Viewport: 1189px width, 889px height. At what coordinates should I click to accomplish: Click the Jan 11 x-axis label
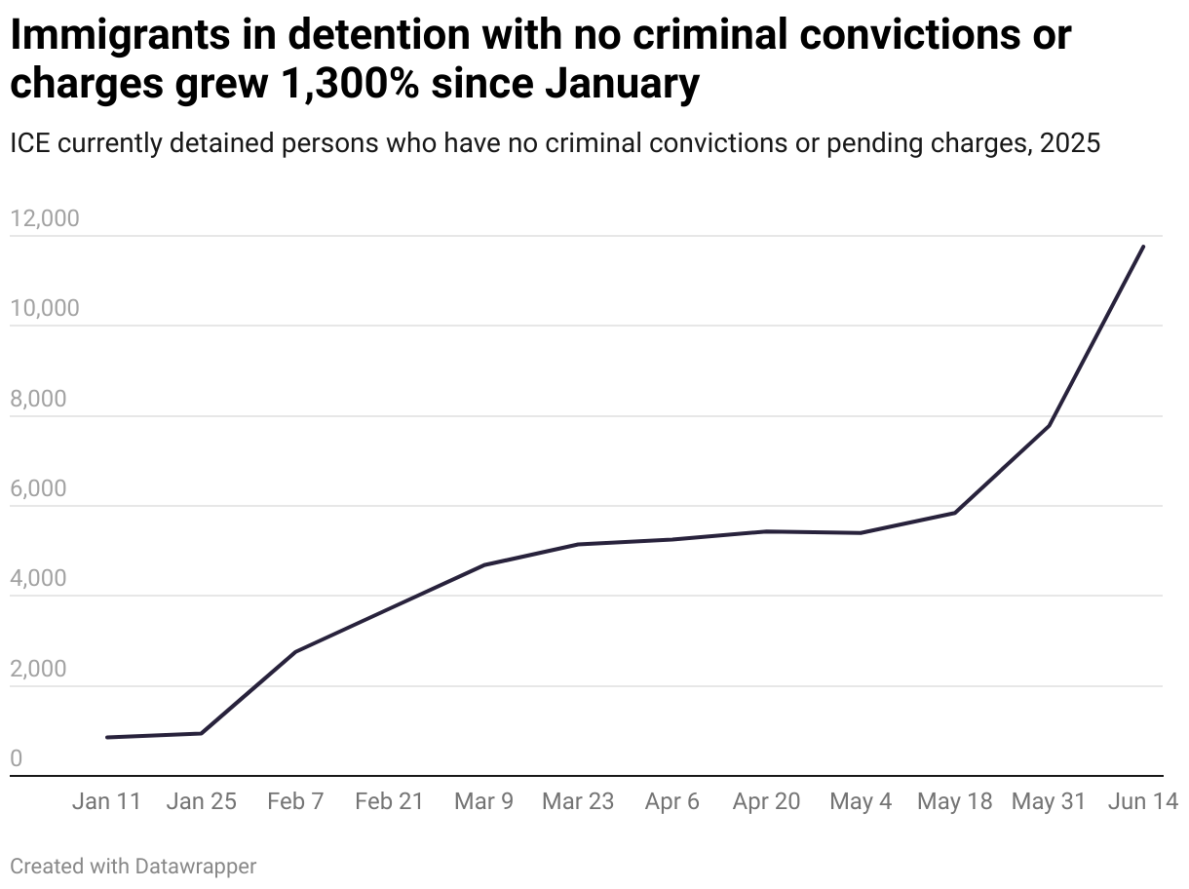point(107,801)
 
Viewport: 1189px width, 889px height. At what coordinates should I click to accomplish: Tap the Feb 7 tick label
point(295,801)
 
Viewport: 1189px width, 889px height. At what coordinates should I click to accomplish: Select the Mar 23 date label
point(578,801)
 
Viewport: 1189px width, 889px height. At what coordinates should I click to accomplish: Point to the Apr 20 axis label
point(766,801)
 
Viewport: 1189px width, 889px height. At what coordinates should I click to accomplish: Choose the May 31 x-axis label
point(1049,801)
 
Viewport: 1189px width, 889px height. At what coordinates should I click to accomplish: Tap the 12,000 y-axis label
point(44,218)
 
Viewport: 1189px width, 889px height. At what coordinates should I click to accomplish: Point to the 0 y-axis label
point(16,759)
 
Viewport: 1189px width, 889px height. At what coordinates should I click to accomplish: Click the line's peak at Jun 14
point(1143,247)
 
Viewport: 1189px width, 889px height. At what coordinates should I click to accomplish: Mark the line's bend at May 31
point(1049,426)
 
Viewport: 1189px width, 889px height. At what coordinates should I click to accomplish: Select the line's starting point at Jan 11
point(107,737)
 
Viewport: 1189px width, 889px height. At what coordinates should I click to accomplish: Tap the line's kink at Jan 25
point(201,733)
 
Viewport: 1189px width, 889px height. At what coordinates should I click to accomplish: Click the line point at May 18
point(955,513)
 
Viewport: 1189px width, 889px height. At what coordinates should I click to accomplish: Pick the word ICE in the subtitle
point(30,143)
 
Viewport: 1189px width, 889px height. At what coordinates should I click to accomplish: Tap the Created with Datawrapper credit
point(134,866)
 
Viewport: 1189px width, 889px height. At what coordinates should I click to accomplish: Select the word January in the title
point(622,85)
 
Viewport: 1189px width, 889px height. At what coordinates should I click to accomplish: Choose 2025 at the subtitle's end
point(1070,143)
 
